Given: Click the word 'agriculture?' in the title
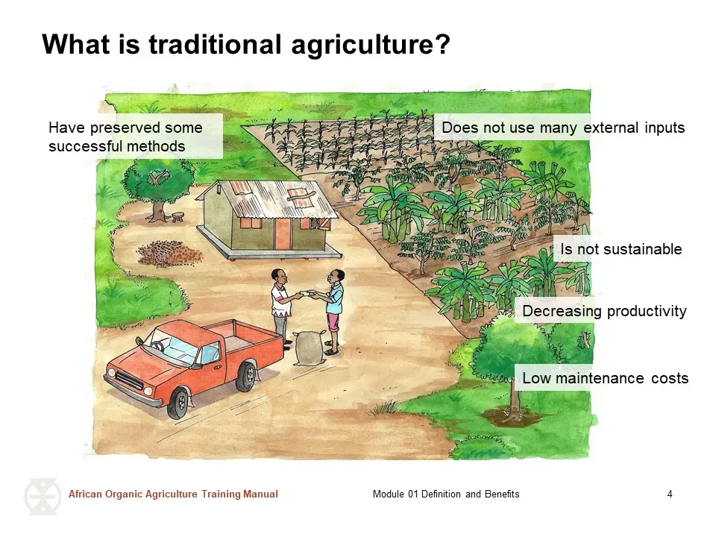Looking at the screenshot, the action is (371, 45).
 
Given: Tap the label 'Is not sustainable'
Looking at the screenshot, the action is (621, 249).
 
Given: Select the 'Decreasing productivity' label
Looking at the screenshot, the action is (604, 311).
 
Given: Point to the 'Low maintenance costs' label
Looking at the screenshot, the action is (605, 378).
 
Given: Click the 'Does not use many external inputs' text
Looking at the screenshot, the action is (563, 128).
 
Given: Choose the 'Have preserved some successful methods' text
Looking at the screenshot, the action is (125, 136).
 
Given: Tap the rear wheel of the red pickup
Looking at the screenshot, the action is (247, 375).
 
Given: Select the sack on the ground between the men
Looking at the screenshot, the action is (309, 349).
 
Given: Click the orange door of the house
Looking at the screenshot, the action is (283, 233).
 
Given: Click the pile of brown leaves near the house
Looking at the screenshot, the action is (169, 254).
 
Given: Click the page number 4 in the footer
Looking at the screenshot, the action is (670, 494).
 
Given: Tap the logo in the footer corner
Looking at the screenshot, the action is (43, 497).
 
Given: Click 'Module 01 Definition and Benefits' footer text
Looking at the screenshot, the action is (446, 494).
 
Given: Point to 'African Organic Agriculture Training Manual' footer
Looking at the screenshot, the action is (173, 494).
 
